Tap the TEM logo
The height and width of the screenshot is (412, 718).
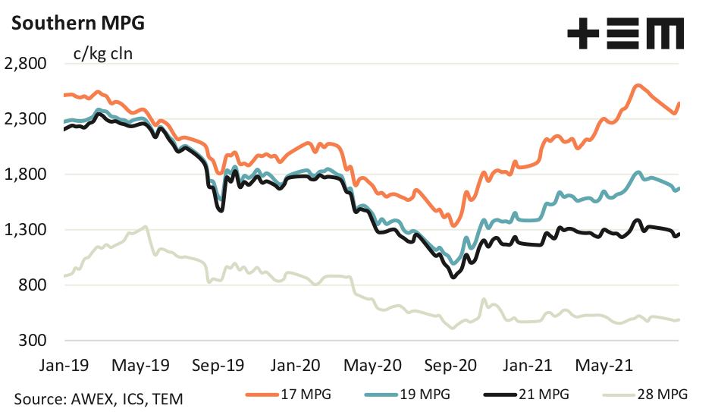626,35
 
